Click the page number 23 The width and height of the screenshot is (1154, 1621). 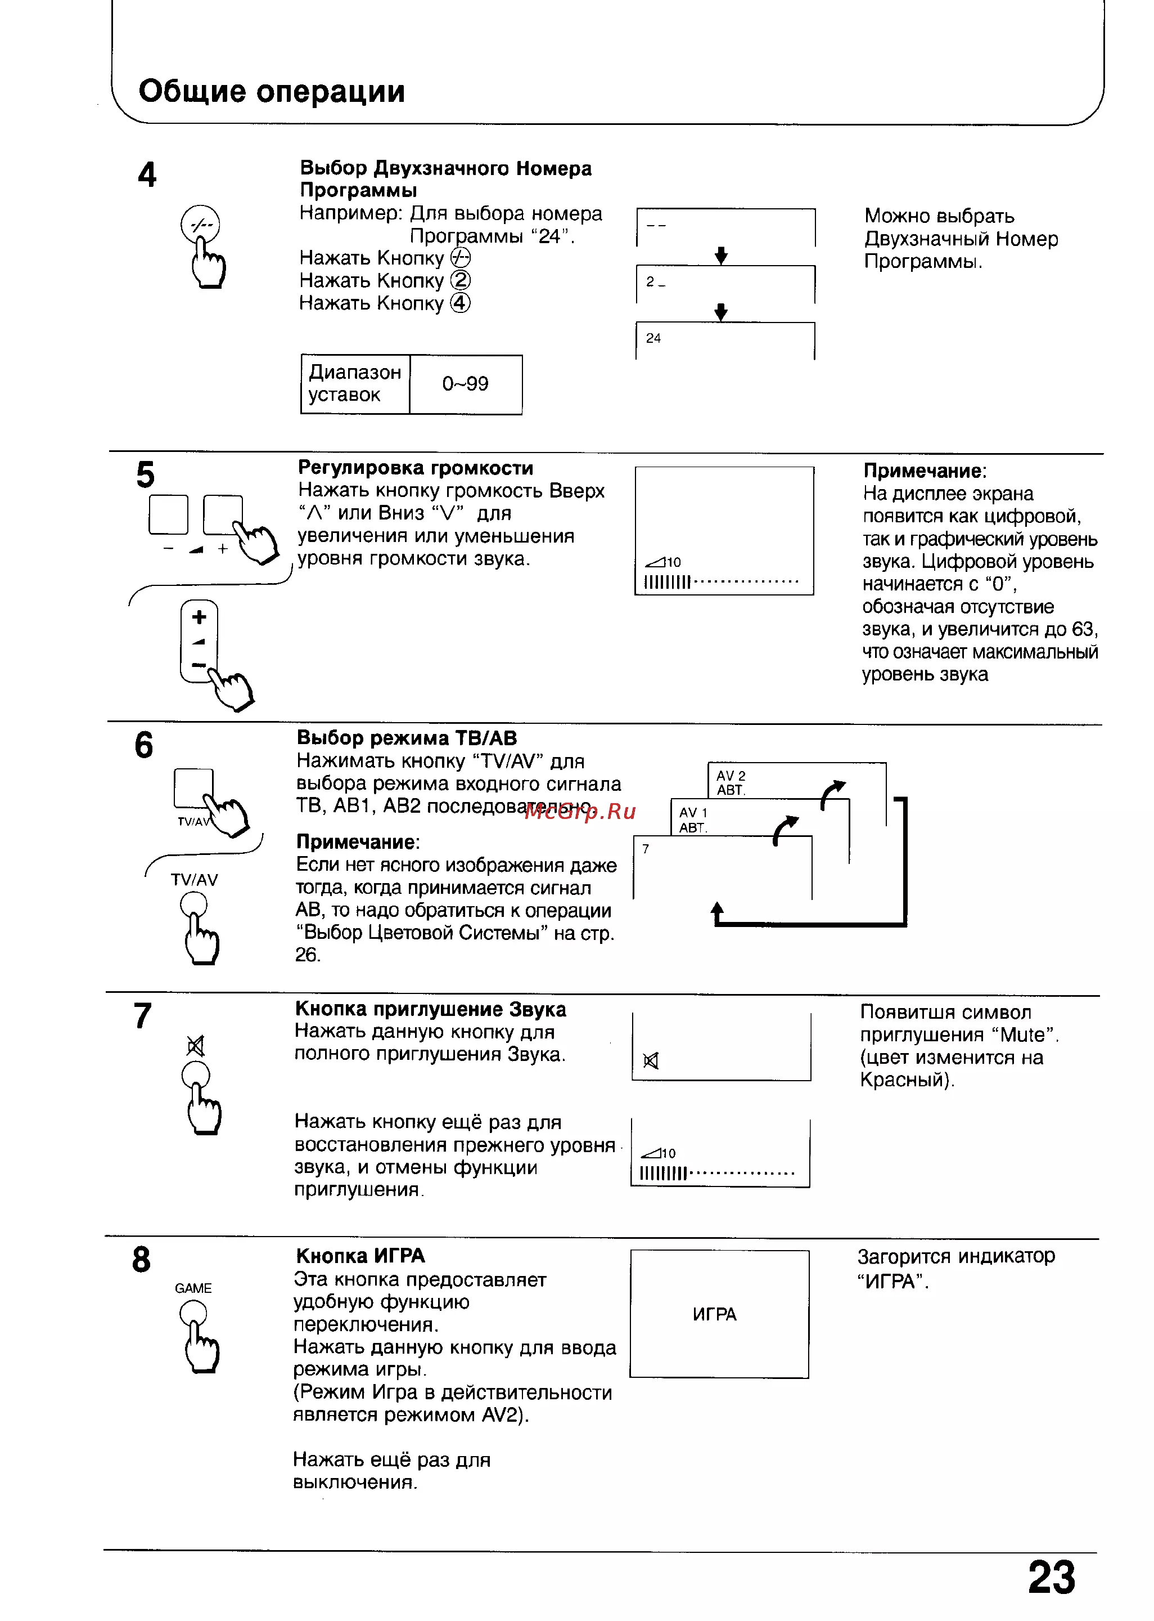point(1052,1578)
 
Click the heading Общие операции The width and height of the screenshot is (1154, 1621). point(272,92)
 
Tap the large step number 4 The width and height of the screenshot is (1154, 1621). point(147,175)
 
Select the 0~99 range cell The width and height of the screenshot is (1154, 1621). point(466,384)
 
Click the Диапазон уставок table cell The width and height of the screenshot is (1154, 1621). point(355,384)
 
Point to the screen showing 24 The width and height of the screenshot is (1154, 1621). point(725,341)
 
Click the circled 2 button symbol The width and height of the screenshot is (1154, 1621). point(461,280)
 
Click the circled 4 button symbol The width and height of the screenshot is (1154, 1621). point(461,303)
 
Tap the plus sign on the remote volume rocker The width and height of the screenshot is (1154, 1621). point(199,616)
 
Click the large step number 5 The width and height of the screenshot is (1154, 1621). point(145,474)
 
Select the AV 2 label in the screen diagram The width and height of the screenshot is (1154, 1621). point(731,776)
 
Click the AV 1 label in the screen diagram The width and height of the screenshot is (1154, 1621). point(693,813)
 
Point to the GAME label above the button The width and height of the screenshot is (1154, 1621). point(193,1288)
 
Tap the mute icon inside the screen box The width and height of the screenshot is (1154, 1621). point(650,1061)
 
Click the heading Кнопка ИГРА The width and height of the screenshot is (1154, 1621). point(360,1256)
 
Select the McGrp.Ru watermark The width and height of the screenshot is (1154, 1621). point(579,812)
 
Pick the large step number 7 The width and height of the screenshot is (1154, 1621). point(143,1016)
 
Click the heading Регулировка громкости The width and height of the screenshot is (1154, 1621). point(416,468)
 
